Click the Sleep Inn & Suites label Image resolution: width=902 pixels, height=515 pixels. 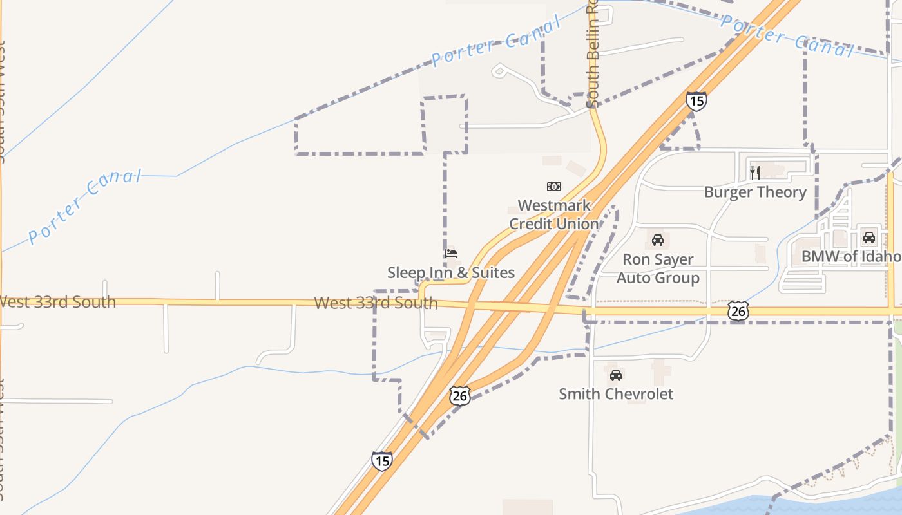click(451, 273)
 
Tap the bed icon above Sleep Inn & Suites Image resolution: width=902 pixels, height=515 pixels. click(451, 254)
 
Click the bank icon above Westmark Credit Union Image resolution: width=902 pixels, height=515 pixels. click(553, 187)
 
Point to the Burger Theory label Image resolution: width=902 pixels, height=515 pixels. click(755, 192)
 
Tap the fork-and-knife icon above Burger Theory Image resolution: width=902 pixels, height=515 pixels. click(755, 173)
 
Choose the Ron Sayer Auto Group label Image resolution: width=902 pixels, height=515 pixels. click(658, 269)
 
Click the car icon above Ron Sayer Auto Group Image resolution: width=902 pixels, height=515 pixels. click(658, 240)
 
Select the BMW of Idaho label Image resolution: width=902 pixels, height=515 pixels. click(850, 257)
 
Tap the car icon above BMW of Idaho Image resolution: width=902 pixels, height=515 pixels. click(869, 237)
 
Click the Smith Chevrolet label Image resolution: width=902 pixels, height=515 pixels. click(616, 394)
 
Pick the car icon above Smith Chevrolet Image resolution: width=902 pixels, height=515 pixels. click(616, 375)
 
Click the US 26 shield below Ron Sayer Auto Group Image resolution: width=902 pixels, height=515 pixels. click(738, 312)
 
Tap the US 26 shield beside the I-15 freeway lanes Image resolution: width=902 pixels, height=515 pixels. click(460, 395)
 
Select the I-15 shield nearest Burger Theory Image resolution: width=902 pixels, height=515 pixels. click(696, 101)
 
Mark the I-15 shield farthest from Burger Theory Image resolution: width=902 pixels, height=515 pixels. click(381, 461)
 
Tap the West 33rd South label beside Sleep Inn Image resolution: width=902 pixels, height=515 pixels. click(376, 303)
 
